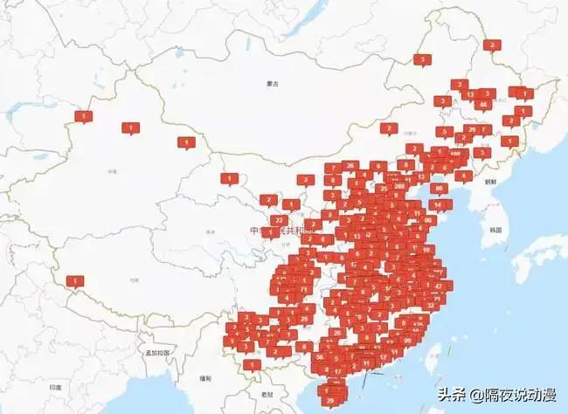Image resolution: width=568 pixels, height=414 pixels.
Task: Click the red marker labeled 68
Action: (482, 105)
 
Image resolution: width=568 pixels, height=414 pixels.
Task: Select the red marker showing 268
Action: (399, 185)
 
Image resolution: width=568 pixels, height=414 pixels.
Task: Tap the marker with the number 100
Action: (455, 153)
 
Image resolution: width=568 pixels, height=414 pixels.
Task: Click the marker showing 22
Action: (278, 220)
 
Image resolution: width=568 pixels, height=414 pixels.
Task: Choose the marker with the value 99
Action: (407, 341)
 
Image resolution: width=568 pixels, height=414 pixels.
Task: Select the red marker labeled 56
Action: (321, 356)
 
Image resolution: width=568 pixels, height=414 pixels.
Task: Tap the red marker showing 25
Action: (383, 188)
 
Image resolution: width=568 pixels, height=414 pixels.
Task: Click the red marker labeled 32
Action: (430, 306)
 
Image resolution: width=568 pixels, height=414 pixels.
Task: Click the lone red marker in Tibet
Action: (76, 281)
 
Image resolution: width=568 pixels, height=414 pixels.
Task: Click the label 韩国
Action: (495, 230)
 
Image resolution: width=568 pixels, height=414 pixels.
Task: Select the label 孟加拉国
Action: (157, 353)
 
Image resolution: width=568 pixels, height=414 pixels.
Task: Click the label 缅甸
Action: (205, 378)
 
